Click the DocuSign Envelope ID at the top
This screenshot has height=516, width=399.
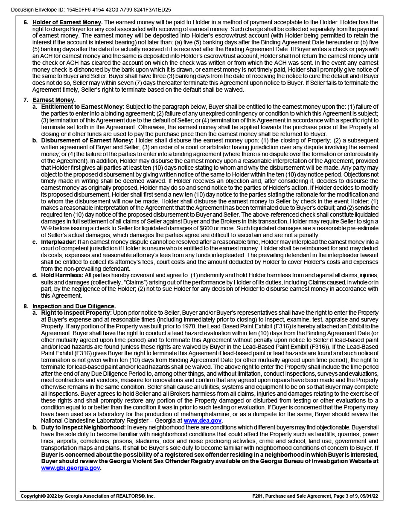[91, 9]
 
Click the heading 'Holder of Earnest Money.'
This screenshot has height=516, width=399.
[67, 22]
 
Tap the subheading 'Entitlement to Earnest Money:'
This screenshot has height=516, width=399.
[83, 106]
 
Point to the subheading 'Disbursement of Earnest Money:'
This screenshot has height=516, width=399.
[87, 140]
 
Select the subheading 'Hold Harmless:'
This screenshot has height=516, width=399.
[62, 275]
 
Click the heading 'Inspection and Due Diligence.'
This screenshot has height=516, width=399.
[74, 306]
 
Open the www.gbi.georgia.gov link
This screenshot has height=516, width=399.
[70, 468]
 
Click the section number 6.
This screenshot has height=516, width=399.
[26, 22]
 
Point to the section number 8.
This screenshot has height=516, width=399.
[26, 306]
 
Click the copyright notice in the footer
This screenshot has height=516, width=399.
[87, 496]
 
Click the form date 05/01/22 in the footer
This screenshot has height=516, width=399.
[369, 496]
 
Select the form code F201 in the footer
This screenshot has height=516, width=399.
[259, 496]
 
